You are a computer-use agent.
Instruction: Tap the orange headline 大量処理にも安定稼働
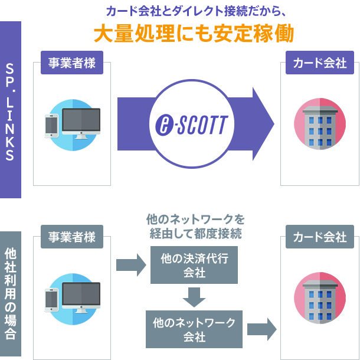pos(193,34)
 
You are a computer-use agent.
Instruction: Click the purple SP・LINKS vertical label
pos(10,110)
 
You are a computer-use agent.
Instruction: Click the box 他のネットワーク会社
pos(194,329)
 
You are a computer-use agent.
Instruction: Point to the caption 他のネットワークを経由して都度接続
pos(195,227)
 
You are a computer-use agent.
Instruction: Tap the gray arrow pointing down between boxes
pos(194,297)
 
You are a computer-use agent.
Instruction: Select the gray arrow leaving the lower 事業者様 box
pos(131,264)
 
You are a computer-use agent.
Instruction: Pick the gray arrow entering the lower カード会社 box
pos(262,329)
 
